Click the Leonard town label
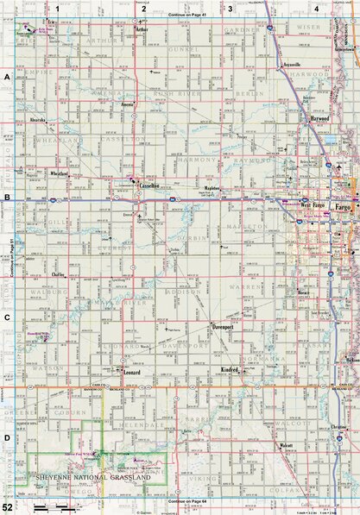[x=131, y=373]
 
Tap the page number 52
[x=7, y=507]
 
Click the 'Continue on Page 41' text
[x=180, y=16]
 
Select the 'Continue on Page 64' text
[x=180, y=500]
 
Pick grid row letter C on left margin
[x=7, y=316]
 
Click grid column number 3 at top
[x=231, y=7]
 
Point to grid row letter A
[x=7, y=76]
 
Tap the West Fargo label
[x=311, y=205]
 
